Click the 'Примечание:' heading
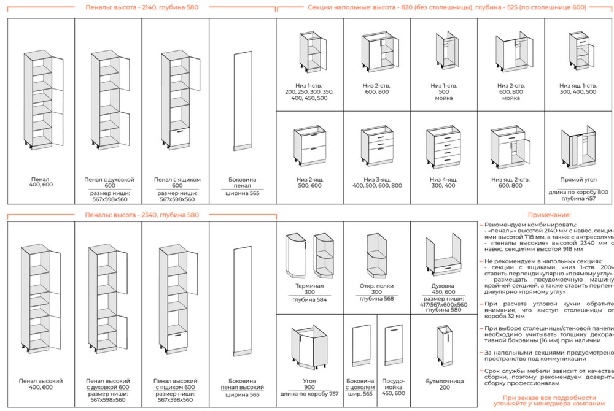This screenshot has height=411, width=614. point(549,215)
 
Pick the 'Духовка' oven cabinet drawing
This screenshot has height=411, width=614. point(444,255)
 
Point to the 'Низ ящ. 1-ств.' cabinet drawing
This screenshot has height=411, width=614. point(578,53)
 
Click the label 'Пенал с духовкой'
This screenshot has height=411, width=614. point(109,179)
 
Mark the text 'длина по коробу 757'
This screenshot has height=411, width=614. point(309,394)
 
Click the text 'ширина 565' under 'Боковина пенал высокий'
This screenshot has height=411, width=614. point(243,395)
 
